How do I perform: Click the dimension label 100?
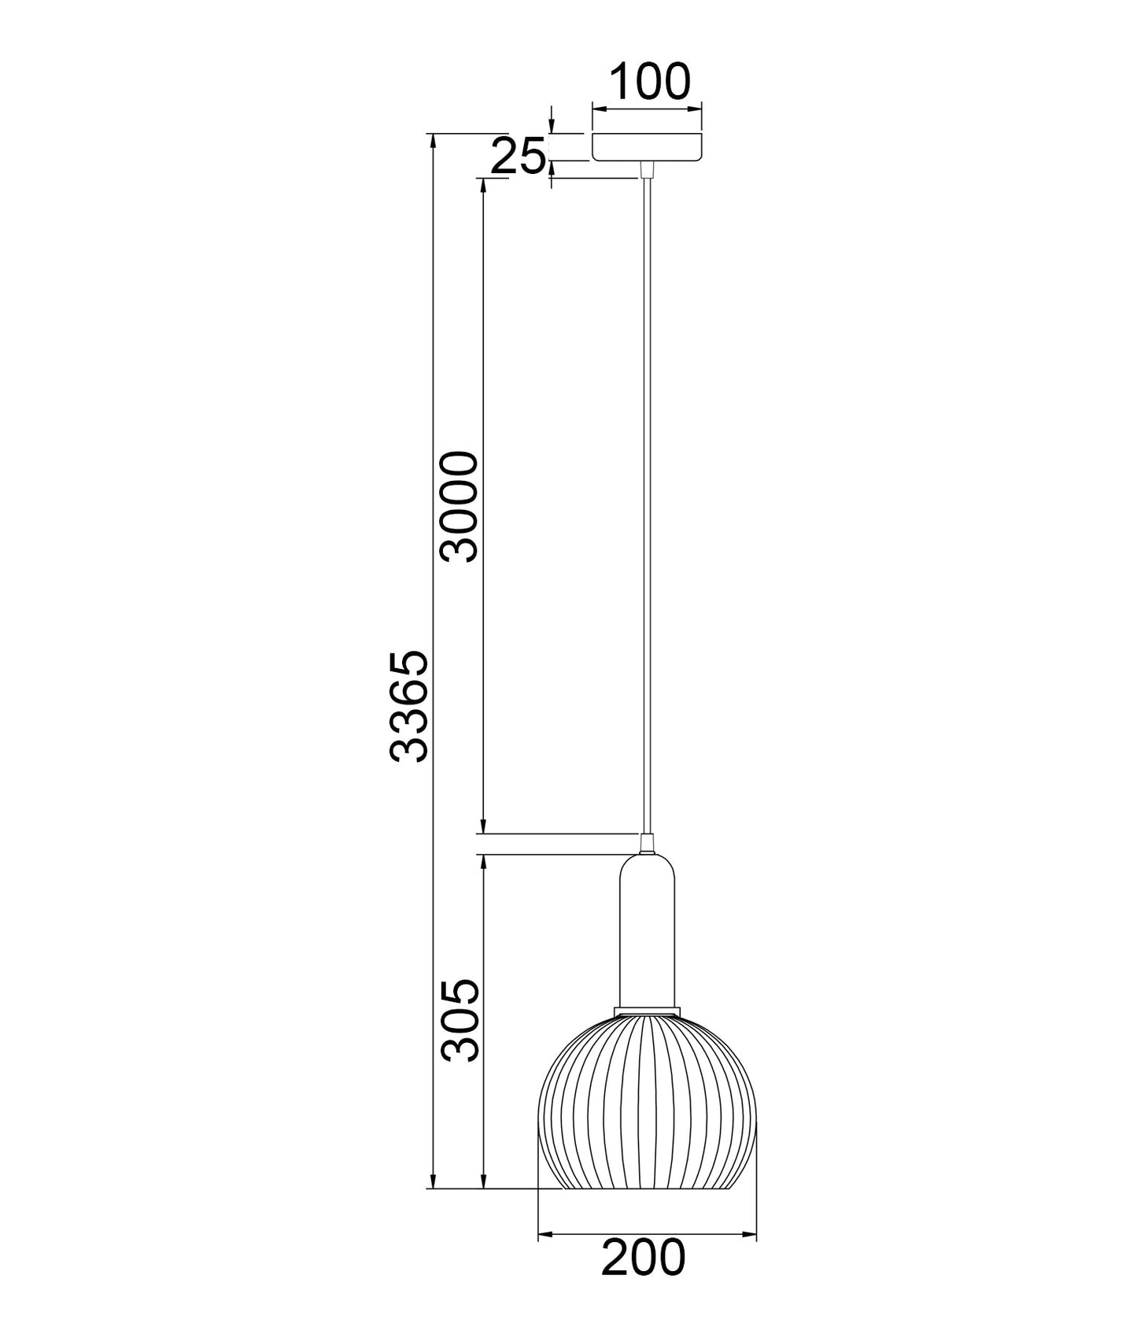click(649, 82)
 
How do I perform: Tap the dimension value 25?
click(518, 156)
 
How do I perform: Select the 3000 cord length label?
click(460, 506)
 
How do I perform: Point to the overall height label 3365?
click(410, 705)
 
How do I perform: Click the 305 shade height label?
click(460, 1021)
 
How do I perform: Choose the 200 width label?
click(644, 1258)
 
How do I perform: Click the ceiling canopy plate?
click(648, 147)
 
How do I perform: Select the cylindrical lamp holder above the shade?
click(647, 930)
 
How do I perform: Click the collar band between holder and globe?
click(647, 1011)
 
